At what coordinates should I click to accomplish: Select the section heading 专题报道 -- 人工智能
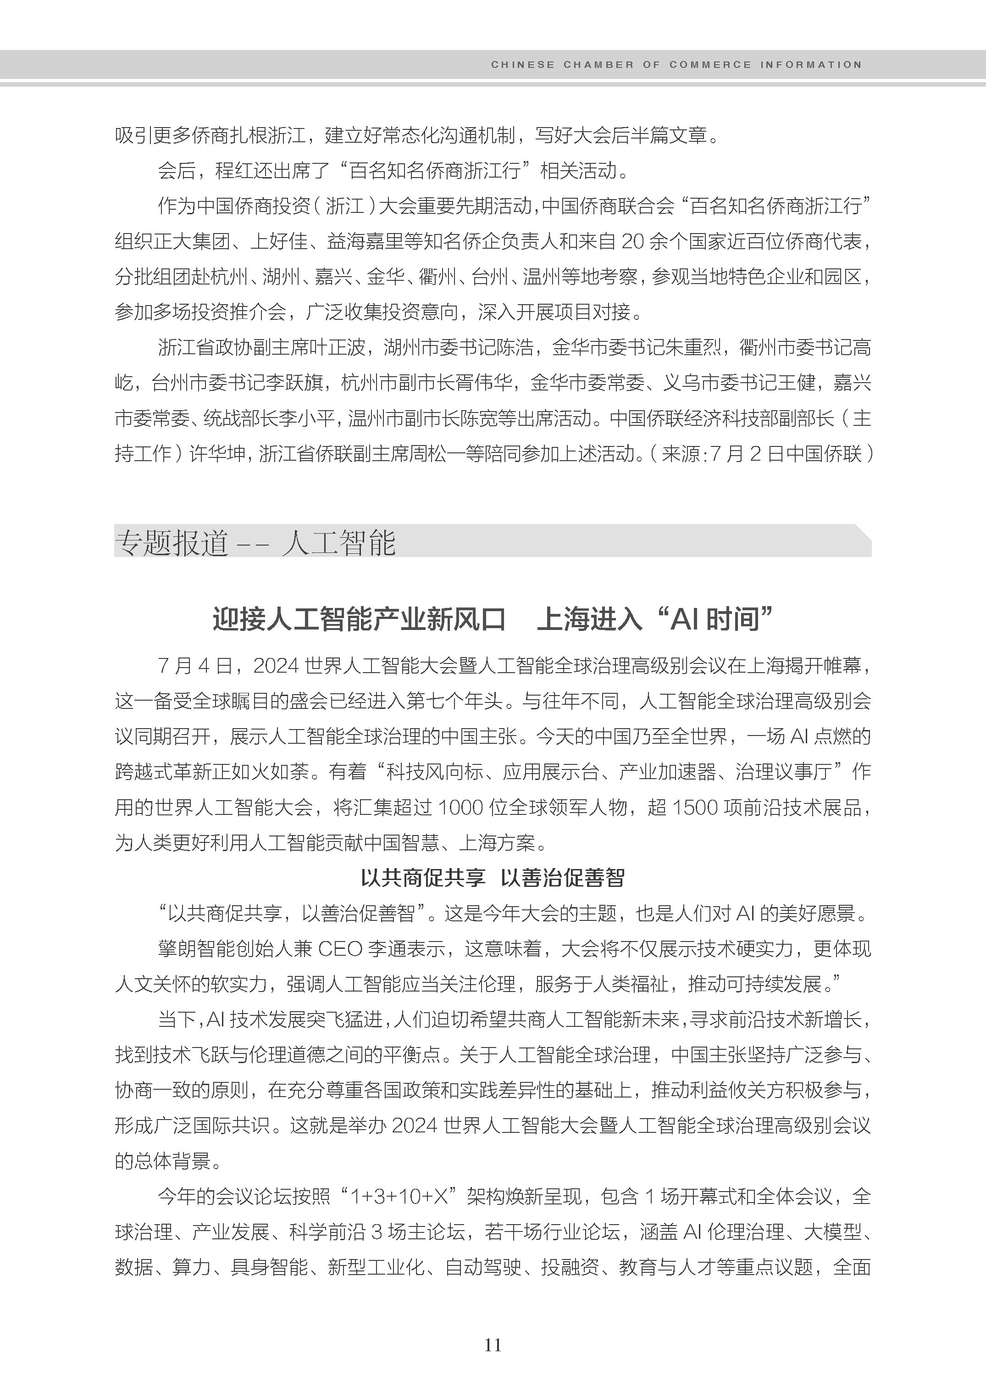(255, 542)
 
